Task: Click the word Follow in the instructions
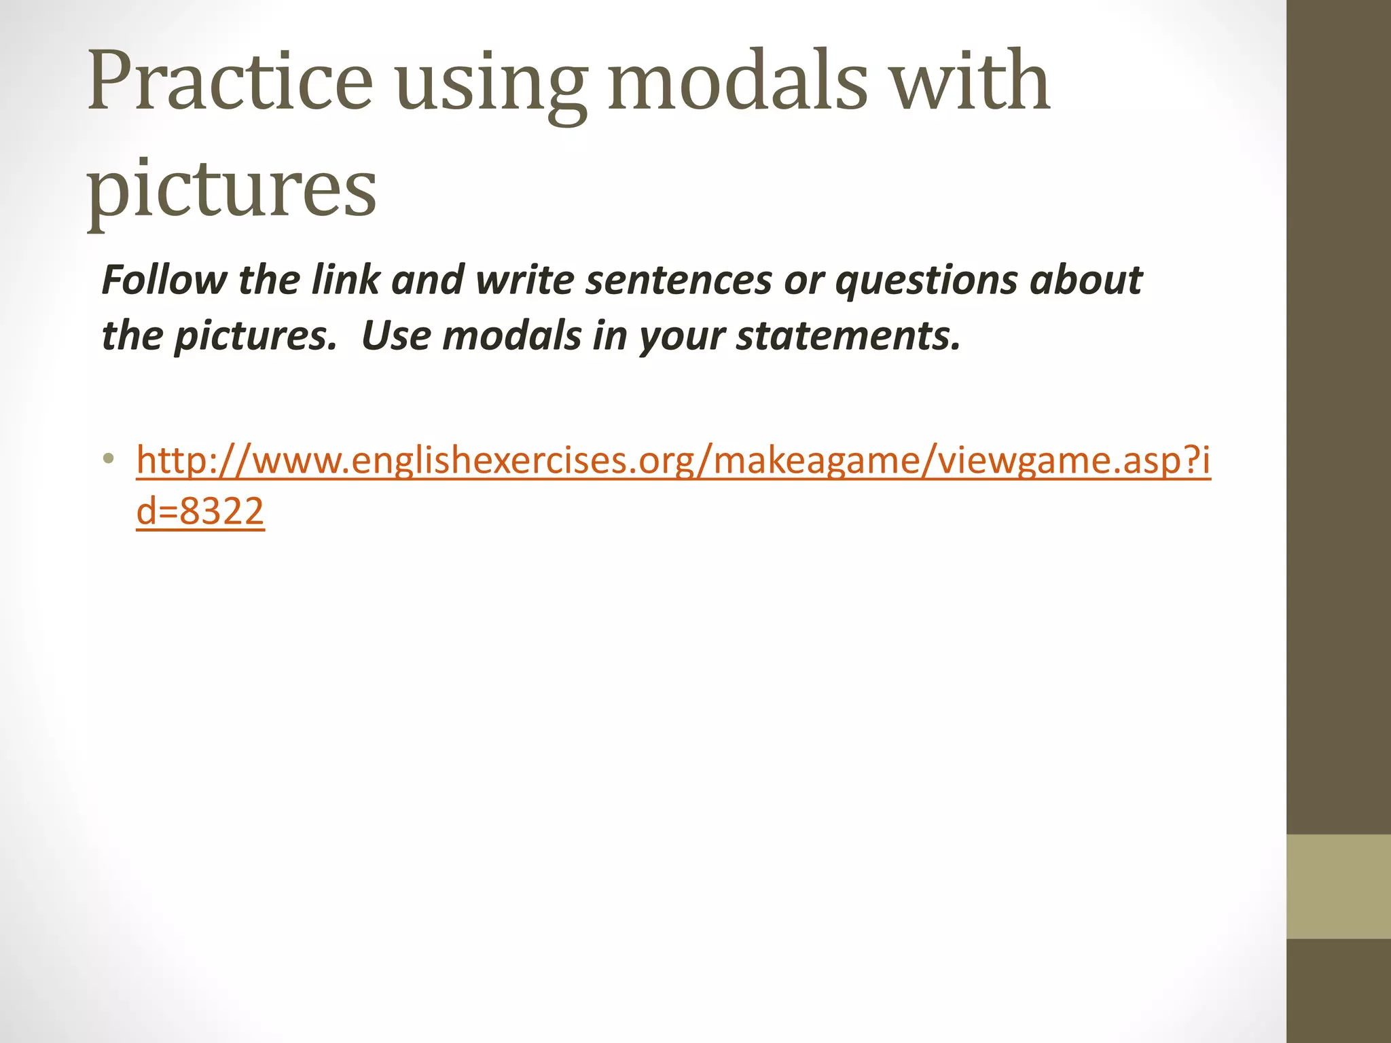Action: click(164, 280)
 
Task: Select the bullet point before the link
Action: click(108, 459)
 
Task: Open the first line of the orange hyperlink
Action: click(672, 460)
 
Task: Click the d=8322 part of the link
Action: click(200, 511)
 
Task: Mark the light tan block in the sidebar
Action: click(1339, 886)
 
